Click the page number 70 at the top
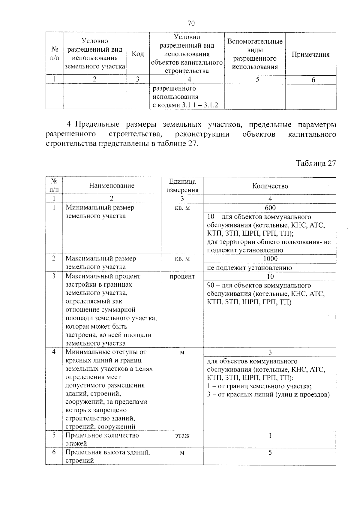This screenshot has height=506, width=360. [191, 23]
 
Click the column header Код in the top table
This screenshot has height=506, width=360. [138, 54]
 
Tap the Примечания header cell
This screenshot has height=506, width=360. [310, 55]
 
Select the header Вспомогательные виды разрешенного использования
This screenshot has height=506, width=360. [255, 54]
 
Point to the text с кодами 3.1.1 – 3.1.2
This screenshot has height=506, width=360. [185, 105]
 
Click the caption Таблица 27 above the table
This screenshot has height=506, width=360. [316, 163]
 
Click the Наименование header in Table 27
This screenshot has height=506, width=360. [112, 185]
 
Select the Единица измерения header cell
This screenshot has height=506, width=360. [182, 185]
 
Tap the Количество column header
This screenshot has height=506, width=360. [270, 186]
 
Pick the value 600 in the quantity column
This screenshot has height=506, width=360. [270, 208]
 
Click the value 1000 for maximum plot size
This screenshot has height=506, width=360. [270, 258]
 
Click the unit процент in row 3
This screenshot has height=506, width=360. [182, 276]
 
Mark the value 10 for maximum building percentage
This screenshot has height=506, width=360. [270, 276]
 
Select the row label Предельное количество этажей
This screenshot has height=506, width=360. [102, 439]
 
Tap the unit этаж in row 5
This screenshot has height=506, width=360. [182, 435]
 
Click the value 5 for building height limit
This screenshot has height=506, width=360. [270, 452]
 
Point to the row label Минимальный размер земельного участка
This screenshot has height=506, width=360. [100, 212]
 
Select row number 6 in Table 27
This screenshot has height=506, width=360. [54, 452]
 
